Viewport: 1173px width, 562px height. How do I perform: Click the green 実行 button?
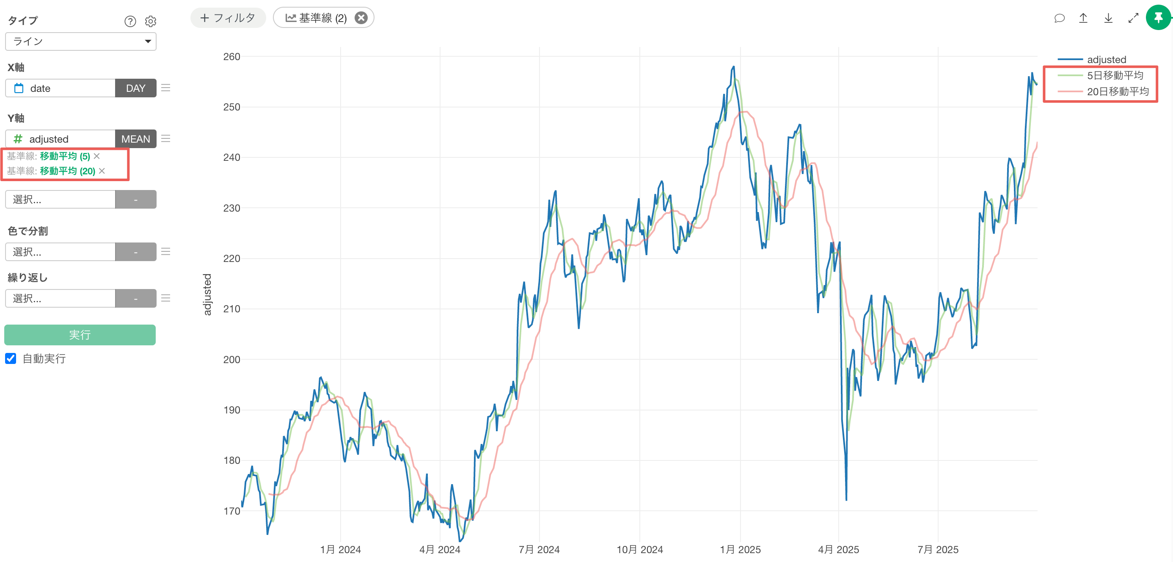pyautogui.click(x=80, y=335)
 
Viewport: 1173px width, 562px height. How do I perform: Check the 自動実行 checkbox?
pyautogui.click(x=11, y=358)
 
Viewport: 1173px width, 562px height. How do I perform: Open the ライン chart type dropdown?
pyautogui.click(x=80, y=41)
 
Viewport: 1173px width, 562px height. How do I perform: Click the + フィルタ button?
pyautogui.click(x=228, y=18)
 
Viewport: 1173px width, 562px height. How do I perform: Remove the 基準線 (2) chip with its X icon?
pyautogui.click(x=361, y=18)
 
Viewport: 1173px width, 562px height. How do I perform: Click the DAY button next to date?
pyautogui.click(x=135, y=88)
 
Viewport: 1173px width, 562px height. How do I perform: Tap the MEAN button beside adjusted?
pyautogui.click(x=135, y=139)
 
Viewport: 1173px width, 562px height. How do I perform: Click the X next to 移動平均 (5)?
pyautogui.click(x=97, y=156)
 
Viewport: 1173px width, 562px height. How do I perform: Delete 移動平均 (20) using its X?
pyautogui.click(x=102, y=171)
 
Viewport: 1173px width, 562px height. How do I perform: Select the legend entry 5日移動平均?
pyautogui.click(x=1115, y=76)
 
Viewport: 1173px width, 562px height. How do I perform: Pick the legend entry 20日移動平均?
pyautogui.click(x=1118, y=91)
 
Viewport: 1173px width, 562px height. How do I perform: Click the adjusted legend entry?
pyautogui.click(x=1106, y=60)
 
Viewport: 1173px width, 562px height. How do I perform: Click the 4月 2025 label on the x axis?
pyautogui.click(x=838, y=549)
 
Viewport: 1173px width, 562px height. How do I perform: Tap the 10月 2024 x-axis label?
pyautogui.click(x=639, y=549)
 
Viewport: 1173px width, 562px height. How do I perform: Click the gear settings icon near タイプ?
pyautogui.click(x=151, y=22)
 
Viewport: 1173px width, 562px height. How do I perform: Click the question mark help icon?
pyautogui.click(x=130, y=22)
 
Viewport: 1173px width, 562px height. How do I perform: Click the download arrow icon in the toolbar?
pyautogui.click(x=1108, y=18)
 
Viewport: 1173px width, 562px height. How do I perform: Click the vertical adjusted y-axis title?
pyautogui.click(x=207, y=294)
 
